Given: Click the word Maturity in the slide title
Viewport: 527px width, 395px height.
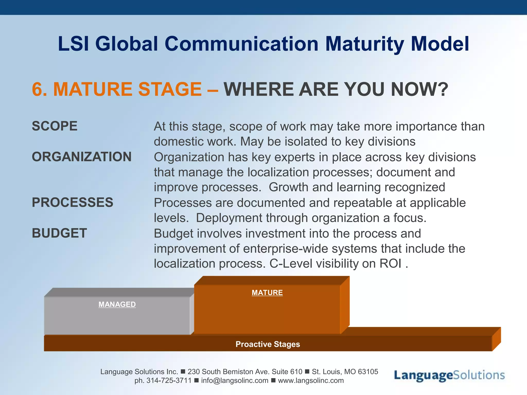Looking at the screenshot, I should [365, 44].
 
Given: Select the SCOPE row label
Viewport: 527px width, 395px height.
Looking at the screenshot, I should [55, 126].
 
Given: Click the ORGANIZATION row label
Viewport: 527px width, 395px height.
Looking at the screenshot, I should [82, 157].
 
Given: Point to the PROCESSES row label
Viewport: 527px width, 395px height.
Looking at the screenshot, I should [72, 202].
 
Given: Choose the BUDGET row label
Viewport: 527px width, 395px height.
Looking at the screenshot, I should [59, 233].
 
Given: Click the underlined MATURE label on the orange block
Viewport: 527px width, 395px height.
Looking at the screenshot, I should [267, 293].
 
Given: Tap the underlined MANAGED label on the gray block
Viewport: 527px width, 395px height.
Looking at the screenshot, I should [117, 304].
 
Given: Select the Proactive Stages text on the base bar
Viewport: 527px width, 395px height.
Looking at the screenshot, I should [268, 344].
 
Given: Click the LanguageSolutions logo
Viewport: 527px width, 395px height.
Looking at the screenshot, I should [449, 375].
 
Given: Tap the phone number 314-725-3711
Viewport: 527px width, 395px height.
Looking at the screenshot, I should [169, 381].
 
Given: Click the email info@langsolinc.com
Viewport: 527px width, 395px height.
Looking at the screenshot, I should [235, 381].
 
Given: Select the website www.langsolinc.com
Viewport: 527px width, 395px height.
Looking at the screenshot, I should [311, 381].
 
